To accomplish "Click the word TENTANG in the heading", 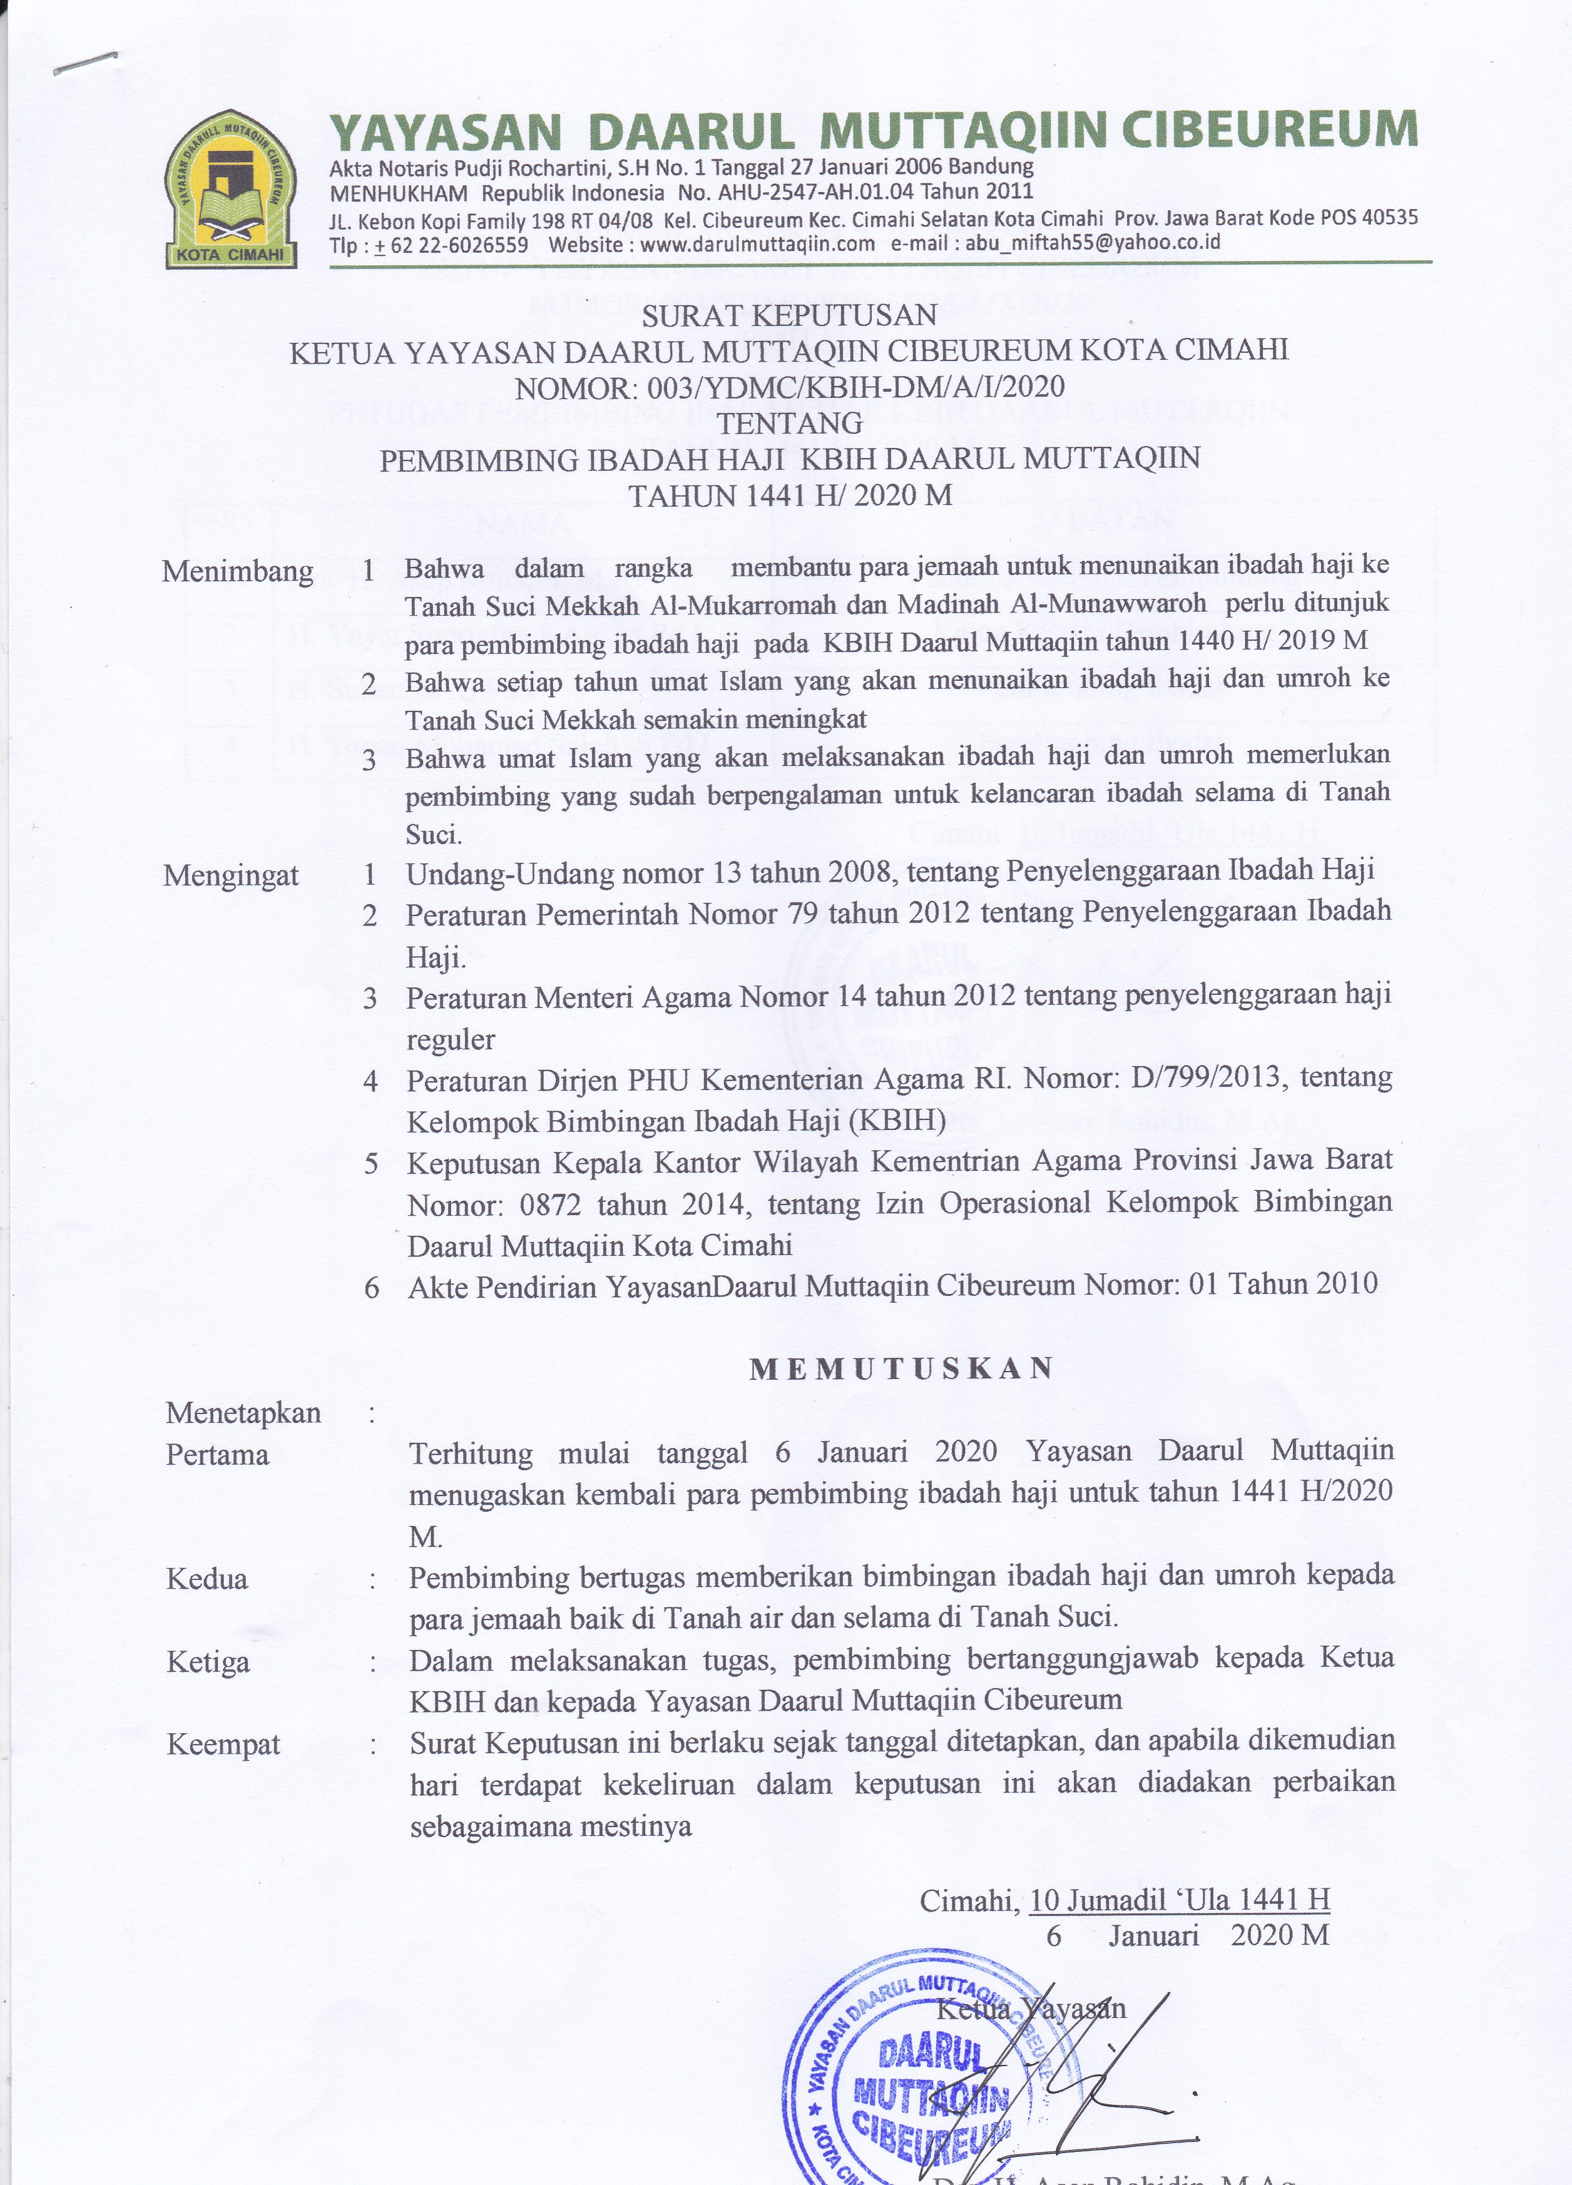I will tap(790, 423).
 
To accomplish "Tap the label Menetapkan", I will tap(243, 1413).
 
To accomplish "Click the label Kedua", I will tap(207, 1579).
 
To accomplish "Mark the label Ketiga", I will tap(208, 1662).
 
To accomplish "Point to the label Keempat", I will tap(223, 1744).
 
